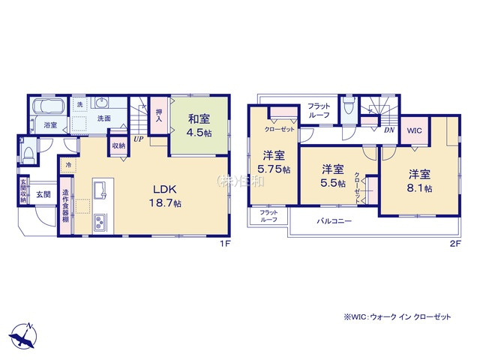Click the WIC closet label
click(x=415, y=130)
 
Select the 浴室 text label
click(x=50, y=124)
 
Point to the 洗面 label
click(x=103, y=118)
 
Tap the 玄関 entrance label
click(x=43, y=194)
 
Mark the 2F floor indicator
click(x=454, y=244)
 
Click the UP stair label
click(x=139, y=139)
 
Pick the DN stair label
click(x=388, y=130)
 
